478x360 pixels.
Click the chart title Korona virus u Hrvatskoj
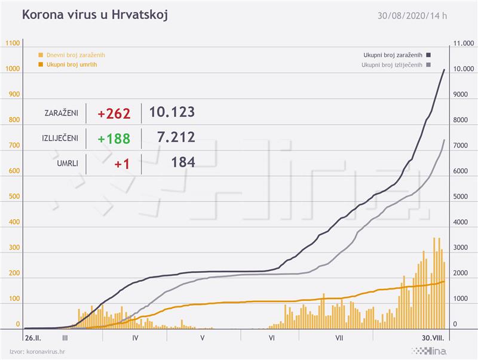point(94,15)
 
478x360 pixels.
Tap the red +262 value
point(114,113)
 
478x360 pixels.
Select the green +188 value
point(114,139)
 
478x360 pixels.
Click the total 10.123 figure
point(172,112)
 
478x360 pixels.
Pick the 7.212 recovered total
point(172,137)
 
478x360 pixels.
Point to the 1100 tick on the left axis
point(13,44)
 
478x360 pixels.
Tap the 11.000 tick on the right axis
point(463,44)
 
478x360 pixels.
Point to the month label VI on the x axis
point(271,338)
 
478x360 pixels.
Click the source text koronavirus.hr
point(46,352)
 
